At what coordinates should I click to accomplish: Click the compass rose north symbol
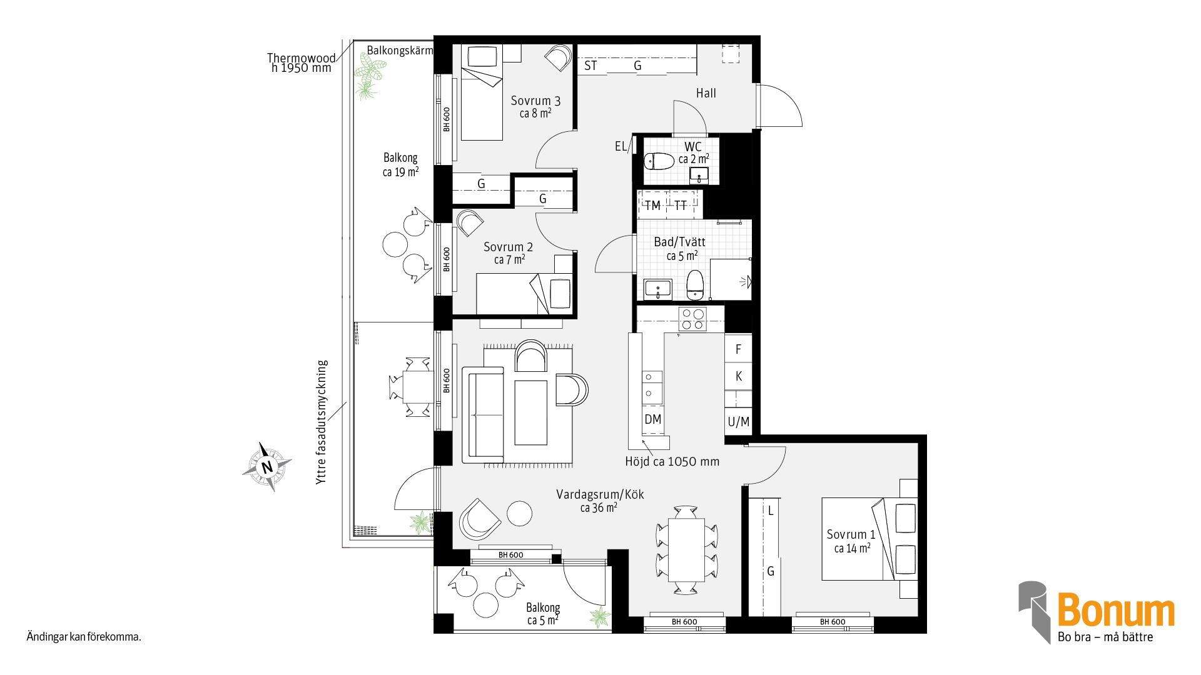point(267,466)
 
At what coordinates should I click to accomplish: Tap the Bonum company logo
point(1097,612)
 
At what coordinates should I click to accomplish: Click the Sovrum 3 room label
point(535,106)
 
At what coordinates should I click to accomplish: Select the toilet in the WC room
point(659,161)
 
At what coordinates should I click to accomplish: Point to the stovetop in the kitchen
point(692,319)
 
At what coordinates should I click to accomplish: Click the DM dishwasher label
point(652,419)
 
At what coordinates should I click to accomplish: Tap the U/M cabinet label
point(738,422)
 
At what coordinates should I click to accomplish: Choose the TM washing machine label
point(652,206)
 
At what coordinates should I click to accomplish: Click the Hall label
point(706,93)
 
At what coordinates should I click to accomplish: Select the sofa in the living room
point(482,416)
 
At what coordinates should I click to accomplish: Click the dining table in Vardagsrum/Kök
point(686,549)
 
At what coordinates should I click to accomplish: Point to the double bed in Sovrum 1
point(869,539)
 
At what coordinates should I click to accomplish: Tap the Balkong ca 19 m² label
point(400,164)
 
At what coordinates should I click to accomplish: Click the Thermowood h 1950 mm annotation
point(302,62)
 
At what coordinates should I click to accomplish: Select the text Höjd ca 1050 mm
point(672,461)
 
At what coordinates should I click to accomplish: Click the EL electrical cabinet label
point(621,146)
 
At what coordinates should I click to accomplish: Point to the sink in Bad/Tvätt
point(657,289)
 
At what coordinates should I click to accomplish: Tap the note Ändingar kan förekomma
point(84,637)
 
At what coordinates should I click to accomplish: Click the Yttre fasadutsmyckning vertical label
point(322,422)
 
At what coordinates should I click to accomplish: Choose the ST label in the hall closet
point(590,66)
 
